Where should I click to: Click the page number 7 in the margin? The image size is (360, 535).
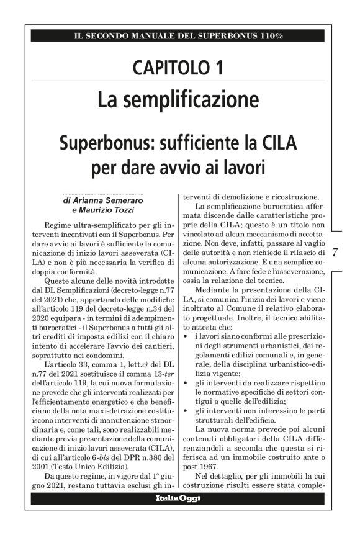335,253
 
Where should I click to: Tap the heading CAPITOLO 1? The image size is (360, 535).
179,68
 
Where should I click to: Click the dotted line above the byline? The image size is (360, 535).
103,193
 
